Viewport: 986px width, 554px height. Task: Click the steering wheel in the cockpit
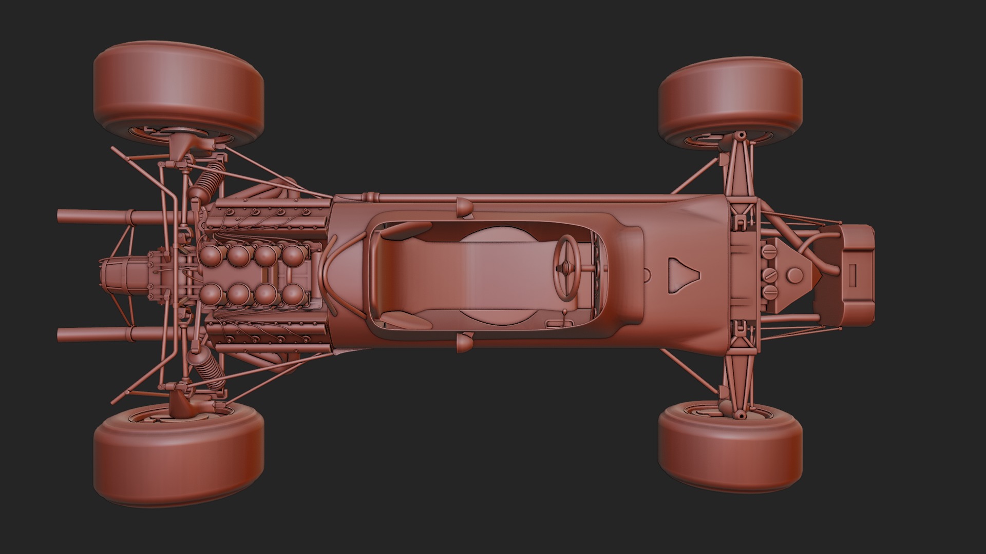pyautogui.click(x=566, y=267)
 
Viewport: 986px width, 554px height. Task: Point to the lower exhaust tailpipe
pyautogui.click(x=92, y=335)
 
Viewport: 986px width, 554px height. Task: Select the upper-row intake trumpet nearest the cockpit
pyautogui.click(x=293, y=255)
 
